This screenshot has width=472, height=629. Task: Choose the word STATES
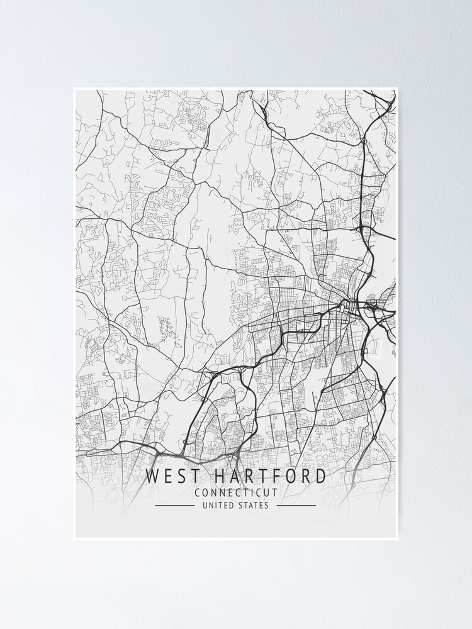[x=254, y=505]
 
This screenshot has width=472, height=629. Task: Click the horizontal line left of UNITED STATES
[x=174, y=505]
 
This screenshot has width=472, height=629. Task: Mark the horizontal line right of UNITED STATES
[x=296, y=505]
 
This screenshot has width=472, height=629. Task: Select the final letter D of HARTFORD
[x=320, y=477]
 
